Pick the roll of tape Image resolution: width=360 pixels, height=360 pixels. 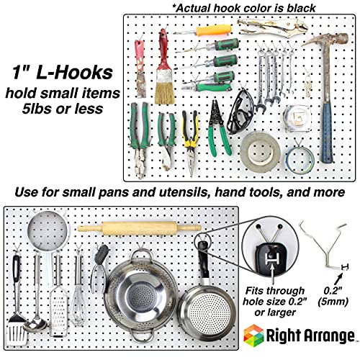click(x=260, y=147)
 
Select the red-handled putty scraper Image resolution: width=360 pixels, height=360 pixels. click(x=140, y=69)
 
